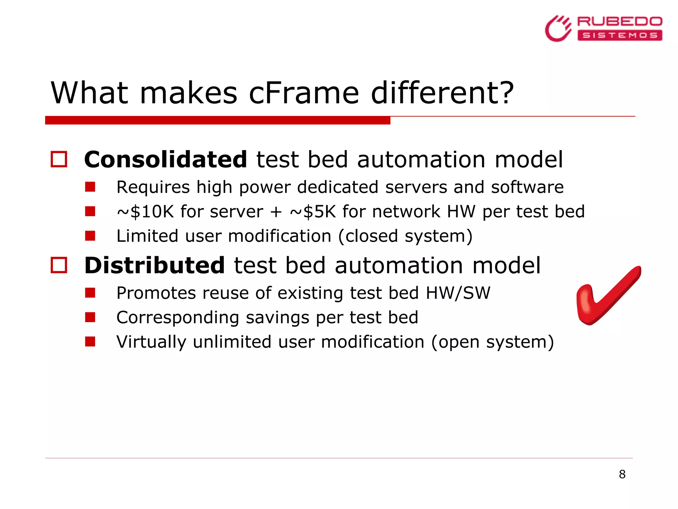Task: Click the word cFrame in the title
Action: coord(304,93)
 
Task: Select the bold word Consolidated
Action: coord(166,160)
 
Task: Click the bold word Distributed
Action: coord(155,265)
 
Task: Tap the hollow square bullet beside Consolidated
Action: coord(59,159)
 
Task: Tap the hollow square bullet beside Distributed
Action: coord(59,265)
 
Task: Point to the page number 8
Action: coord(622,474)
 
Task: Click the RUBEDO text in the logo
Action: coord(619,22)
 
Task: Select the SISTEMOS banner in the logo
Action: coord(619,35)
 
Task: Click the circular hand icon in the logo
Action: coord(558,29)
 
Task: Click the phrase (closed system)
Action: coord(405,236)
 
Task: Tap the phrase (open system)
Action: coord(492,342)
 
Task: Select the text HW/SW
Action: coord(458,293)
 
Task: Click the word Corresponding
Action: coord(178,317)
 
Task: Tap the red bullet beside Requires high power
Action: coord(90,187)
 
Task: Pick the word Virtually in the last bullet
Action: coord(151,342)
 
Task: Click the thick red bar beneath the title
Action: coord(218,120)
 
